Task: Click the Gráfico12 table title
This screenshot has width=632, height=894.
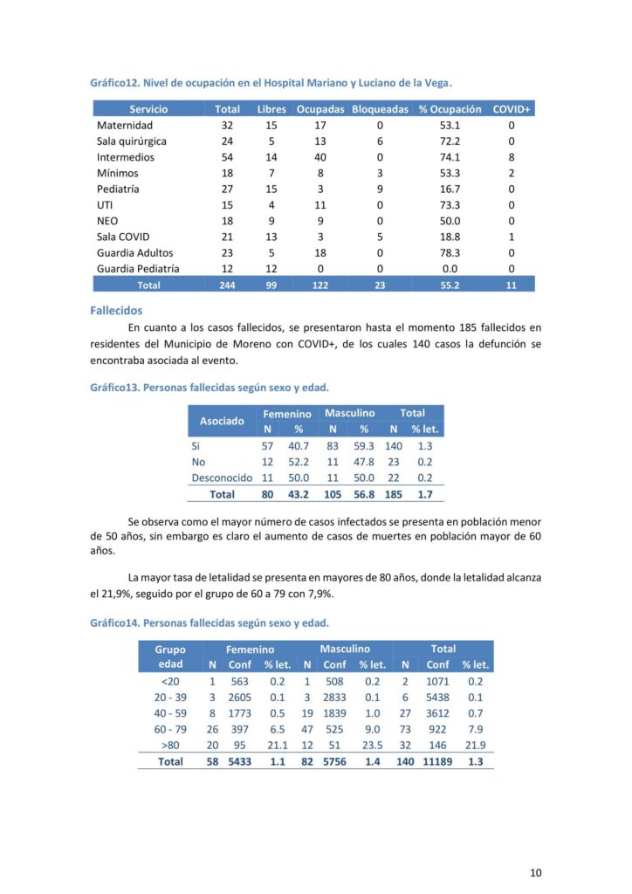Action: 271,83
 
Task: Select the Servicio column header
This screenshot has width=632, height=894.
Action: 148,109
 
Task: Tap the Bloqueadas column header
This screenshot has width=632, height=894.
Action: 380,109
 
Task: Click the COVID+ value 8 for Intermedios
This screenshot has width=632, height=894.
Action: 512,157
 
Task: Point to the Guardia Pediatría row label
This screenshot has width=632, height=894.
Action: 138,269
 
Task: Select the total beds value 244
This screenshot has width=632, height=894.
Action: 227,285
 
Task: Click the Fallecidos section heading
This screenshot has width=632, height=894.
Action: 116,310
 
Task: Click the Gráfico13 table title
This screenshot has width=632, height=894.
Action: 210,387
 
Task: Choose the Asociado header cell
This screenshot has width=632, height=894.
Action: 222,421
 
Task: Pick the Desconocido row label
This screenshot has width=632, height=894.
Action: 222,478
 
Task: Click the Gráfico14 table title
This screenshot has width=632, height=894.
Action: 210,623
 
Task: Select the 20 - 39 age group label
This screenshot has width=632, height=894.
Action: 169,696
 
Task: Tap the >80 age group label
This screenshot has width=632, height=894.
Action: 169,745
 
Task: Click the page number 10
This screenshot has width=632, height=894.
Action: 536,872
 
